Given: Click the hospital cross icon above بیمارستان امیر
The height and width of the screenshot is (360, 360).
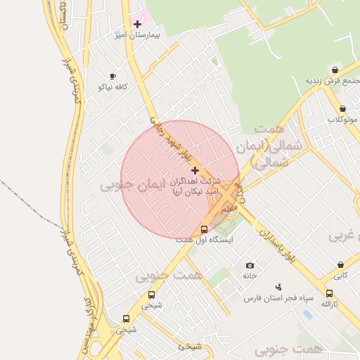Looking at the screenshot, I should (x=137, y=24).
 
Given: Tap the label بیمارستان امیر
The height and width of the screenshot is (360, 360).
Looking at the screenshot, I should (x=139, y=34).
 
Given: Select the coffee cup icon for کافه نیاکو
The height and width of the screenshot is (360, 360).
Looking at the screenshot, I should (x=112, y=76).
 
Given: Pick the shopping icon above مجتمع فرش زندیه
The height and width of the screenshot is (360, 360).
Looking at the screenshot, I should (x=335, y=70).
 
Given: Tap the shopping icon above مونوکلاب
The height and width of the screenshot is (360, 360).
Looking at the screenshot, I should (x=342, y=109).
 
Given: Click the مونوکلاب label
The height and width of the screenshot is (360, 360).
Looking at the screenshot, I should (x=342, y=120).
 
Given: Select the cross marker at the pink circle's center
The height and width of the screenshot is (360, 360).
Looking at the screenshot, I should (x=195, y=170).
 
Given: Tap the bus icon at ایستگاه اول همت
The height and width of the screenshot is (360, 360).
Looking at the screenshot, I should (x=205, y=229).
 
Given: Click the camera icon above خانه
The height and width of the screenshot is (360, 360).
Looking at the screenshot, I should (x=250, y=265).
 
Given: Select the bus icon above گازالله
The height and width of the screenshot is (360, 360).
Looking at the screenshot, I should (x=329, y=293).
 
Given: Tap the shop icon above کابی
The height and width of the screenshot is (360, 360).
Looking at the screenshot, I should (x=340, y=265).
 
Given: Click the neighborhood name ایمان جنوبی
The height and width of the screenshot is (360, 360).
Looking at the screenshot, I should (x=131, y=186).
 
